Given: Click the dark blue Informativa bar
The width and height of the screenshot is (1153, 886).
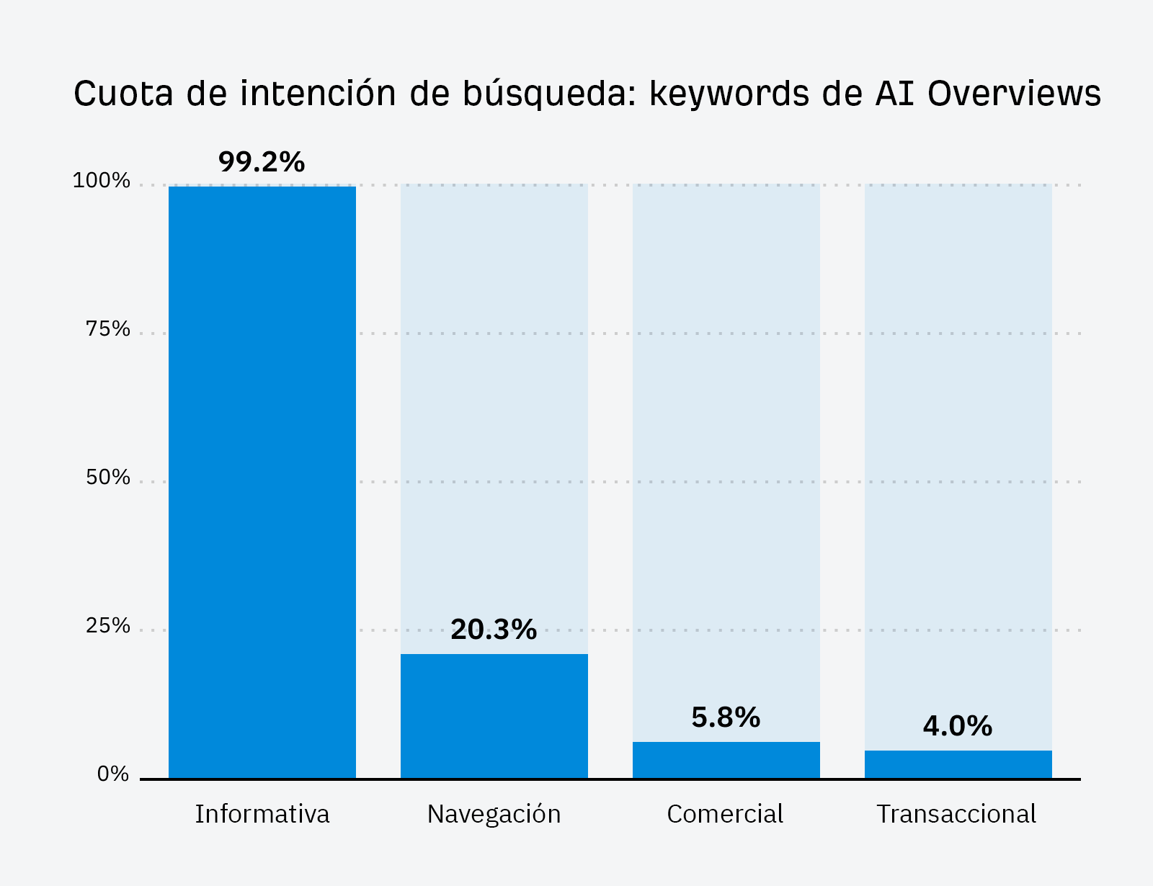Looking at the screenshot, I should pyautogui.click(x=262, y=482).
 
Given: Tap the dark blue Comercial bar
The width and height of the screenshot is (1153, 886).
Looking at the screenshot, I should pyautogui.click(x=726, y=759).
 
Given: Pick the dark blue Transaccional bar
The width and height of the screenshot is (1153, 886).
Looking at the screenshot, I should pyautogui.click(x=958, y=764).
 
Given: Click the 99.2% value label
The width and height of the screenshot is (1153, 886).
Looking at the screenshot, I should pyautogui.click(x=262, y=162).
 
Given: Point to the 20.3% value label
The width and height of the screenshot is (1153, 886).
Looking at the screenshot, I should pyautogui.click(x=494, y=630).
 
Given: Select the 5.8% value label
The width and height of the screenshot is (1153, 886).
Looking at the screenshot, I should pyautogui.click(x=726, y=717).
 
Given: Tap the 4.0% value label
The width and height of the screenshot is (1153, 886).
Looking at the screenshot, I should pyautogui.click(x=958, y=726).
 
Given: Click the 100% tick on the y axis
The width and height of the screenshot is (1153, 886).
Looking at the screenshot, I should pyautogui.click(x=102, y=181).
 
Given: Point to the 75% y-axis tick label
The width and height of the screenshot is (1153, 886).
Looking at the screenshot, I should pyautogui.click(x=108, y=329).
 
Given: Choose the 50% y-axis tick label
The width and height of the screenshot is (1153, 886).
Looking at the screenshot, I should pyautogui.click(x=108, y=478).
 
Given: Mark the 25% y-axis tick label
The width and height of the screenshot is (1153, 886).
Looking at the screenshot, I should pyautogui.click(x=108, y=626).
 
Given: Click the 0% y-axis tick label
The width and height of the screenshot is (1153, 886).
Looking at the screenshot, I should pyautogui.click(x=113, y=774).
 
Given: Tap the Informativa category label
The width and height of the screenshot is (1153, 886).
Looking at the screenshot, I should pyautogui.click(x=262, y=814).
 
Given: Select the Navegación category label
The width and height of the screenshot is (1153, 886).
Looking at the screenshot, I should pyautogui.click(x=494, y=814).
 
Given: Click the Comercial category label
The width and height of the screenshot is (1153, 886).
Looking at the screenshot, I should pyautogui.click(x=725, y=814).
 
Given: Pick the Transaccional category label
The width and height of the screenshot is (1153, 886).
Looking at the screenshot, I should pyautogui.click(x=956, y=814).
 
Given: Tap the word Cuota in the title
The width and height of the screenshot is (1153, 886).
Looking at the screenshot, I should pyautogui.click(x=124, y=94).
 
